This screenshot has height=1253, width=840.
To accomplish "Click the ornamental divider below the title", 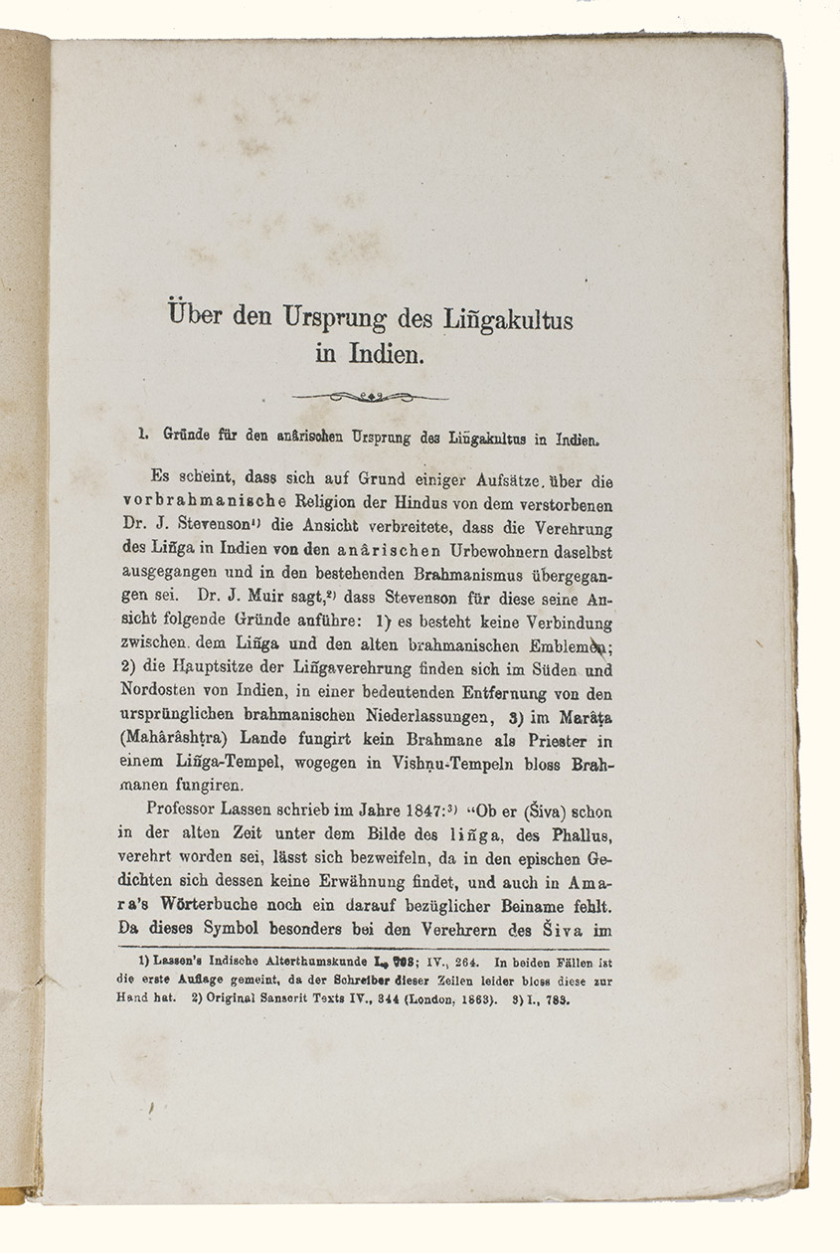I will [x=370, y=396].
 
